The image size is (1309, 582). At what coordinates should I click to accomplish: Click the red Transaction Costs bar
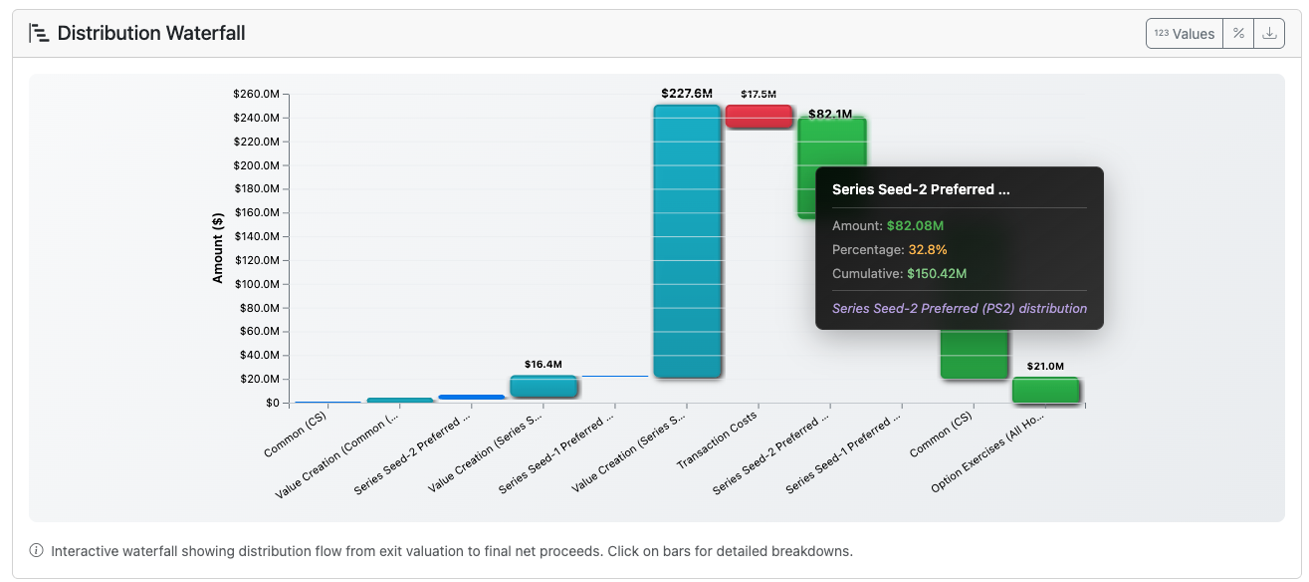pos(759,117)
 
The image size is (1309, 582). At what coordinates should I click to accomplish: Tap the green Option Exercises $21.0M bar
pos(1045,390)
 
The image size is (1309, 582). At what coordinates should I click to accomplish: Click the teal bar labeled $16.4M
pos(544,387)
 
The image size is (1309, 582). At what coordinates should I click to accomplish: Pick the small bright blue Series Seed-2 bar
pos(472,397)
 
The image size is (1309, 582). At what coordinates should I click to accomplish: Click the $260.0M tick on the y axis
pos(257,94)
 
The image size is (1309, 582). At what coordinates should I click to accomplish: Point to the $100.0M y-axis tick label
pos(257,284)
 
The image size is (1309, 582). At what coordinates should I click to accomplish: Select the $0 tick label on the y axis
pos(272,403)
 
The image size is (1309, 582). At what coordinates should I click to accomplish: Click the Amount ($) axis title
pos(217,247)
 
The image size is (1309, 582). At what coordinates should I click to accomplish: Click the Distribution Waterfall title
pos(150,33)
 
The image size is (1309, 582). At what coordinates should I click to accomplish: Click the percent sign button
pos(1238,33)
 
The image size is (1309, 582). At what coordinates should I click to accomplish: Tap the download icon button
pos(1268,33)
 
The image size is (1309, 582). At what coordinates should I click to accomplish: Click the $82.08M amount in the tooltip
pos(915,226)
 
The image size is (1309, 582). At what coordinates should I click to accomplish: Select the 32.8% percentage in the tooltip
pos(928,250)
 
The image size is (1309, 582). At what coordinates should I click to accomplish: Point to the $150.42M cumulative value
pos(937,274)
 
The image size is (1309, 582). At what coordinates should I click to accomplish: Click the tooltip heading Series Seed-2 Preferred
pos(921,189)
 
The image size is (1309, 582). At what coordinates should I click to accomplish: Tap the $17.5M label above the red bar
pos(759,94)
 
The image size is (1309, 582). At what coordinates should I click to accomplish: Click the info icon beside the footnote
pos(37,550)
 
